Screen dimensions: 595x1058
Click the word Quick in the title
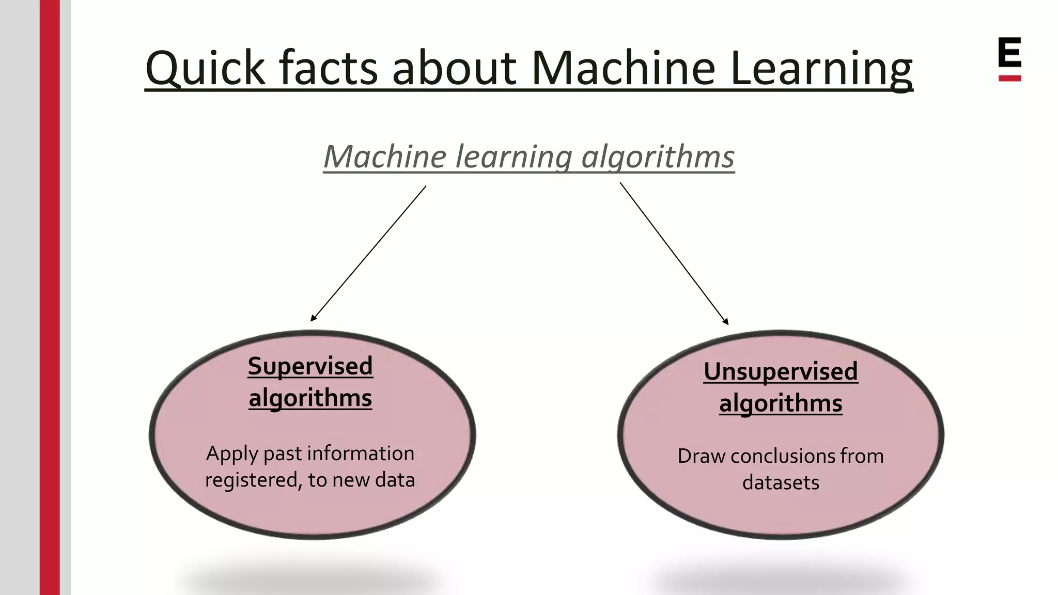pyautogui.click(x=205, y=69)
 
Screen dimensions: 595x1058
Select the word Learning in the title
pyautogui.click(x=821, y=69)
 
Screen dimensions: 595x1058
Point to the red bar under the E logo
pyautogui.click(x=1009, y=78)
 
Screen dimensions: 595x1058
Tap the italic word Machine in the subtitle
pyautogui.click(x=385, y=157)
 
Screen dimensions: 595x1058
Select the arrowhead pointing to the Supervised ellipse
pyautogui.click(x=313, y=319)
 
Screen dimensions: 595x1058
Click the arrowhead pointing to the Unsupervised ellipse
pyautogui.click(x=726, y=322)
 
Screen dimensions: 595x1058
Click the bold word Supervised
pyautogui.click(x=310, y=366)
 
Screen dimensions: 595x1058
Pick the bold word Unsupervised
pyautogui.click(x=781, y=372)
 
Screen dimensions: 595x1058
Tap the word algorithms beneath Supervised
pyautogui.click(x=310, y=398)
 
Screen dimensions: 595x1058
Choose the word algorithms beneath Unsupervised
pyautogui.click(x=781, y=403)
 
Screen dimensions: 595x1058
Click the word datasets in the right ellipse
pyautogui.click(x=781, y=482)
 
